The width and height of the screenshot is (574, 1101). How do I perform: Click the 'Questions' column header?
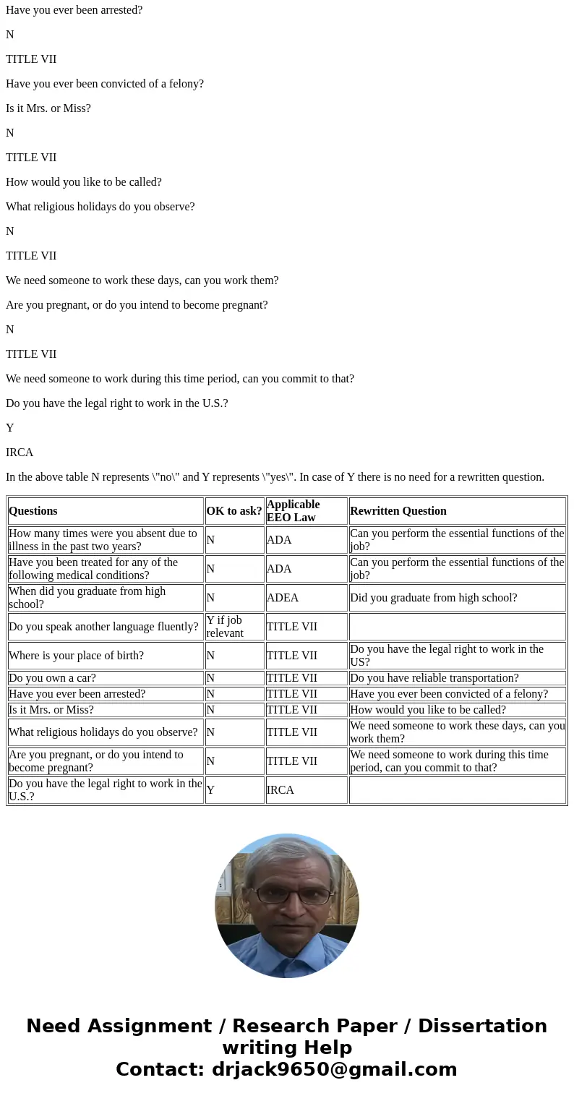coord(33,511)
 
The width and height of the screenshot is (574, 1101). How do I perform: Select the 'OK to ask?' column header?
coord(234,511)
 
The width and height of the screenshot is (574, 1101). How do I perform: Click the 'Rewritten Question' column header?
coord(398,511)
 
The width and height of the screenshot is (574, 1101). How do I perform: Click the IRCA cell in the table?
coord(280,790)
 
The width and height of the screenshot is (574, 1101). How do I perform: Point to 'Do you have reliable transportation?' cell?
coord(434,678)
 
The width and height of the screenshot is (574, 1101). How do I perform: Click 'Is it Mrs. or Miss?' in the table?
coord(51,710)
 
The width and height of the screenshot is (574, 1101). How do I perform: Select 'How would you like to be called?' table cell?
coord(428,710)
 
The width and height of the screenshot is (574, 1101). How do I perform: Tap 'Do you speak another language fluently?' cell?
coord(103,627)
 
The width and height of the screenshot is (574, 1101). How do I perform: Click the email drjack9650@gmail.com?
coord(334,1070)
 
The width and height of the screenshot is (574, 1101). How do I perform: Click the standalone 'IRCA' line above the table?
coord(20,453)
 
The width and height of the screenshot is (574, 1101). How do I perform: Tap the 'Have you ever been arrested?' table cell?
coord(77,694)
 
